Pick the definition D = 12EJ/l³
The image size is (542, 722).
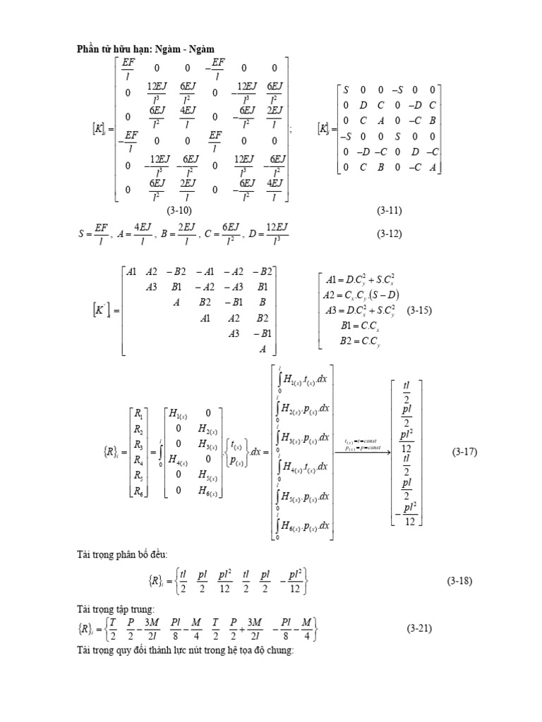coord(269,233)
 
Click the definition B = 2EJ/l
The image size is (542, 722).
coord(185,233)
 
